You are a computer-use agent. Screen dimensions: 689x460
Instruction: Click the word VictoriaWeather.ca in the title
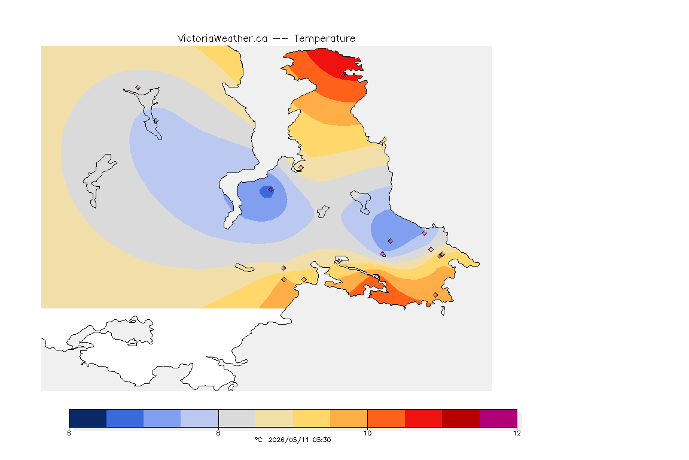tap(222, 39)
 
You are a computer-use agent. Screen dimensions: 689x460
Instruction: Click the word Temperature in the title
tap(324, 39)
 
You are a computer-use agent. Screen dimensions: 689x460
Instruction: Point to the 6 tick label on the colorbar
tap(69, 433)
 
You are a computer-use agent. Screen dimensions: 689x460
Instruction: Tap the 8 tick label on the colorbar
tap(218, 433)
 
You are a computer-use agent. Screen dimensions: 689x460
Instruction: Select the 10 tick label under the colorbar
tap(367, 433)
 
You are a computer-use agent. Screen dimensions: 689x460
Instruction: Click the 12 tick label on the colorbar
tap(517, 433)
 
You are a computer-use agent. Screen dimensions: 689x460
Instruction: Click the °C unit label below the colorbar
tap(258, 440)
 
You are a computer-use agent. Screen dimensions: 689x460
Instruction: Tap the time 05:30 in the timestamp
tap(321, 440)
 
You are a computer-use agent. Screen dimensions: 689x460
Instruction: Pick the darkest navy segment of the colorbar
tap(88, 418)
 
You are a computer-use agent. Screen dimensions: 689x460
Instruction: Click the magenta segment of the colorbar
tap(498, 418)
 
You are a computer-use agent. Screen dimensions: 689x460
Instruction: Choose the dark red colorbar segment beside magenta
tap(461, 418)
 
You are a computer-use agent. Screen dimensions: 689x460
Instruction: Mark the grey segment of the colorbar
tap(237, 418)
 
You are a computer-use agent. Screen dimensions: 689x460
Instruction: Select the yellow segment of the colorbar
tap(312, 418)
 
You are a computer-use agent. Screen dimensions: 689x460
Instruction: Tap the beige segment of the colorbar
tap(274, 418)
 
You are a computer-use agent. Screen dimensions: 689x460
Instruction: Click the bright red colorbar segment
tap(423, 418)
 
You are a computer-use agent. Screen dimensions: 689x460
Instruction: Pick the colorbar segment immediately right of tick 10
tap(386, 418)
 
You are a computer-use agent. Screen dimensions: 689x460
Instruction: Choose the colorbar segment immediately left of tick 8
tap(200, 418)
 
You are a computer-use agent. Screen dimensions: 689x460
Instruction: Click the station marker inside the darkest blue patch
tap(271, 190)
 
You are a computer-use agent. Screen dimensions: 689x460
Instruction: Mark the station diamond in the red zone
tap(344, 75)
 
